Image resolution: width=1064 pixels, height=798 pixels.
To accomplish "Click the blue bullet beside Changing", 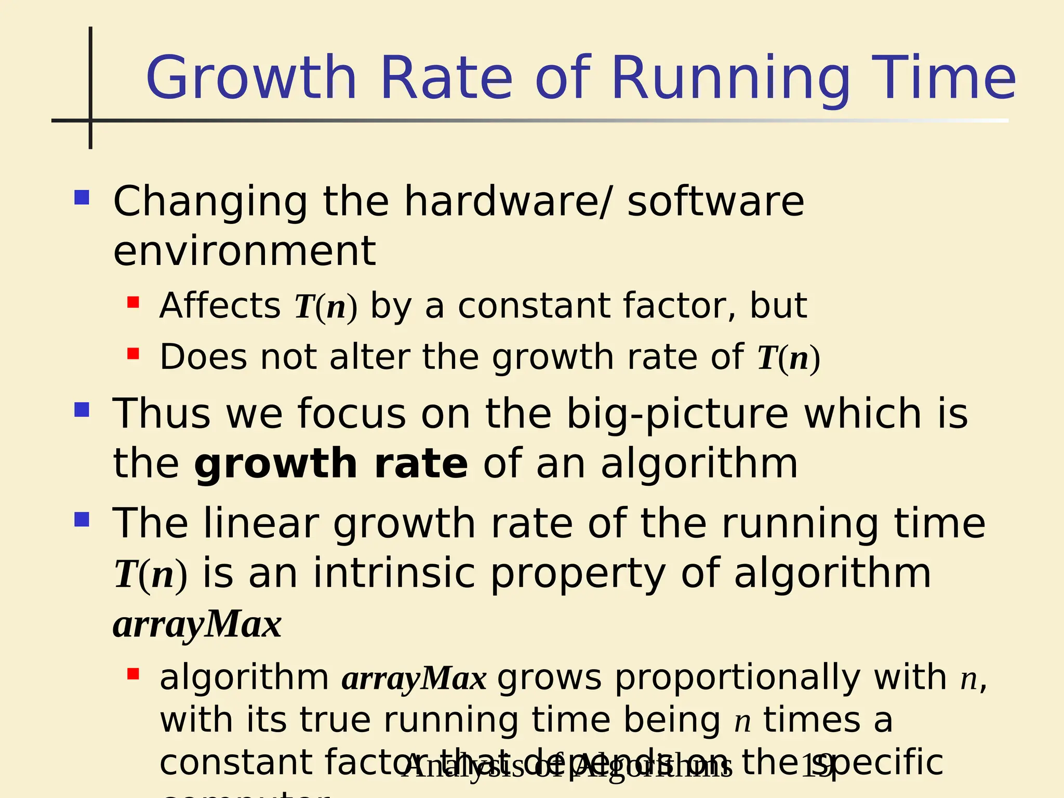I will coord(82,197).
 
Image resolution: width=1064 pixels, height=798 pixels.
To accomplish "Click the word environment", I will coord(244,251).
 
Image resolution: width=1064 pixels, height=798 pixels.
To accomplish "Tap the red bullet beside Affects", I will coord(133,302).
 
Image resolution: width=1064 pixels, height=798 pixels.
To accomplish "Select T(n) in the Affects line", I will coord(326,307).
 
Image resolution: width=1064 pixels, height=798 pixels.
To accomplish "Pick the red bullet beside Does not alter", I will coord(133,354).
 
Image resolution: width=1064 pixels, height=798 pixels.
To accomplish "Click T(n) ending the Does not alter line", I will coord(788,358).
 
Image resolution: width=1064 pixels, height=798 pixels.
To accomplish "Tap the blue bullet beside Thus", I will coord(82,409).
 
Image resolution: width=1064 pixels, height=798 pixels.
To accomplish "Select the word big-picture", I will coord(677,414).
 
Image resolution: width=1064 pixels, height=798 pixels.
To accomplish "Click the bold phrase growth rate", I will coord(331,463).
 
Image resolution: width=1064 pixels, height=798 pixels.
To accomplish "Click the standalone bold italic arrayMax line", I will coord(197,624).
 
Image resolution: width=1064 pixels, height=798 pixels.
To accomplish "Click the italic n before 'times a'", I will coord(743,721).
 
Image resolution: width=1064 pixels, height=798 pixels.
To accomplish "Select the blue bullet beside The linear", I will coord(82,520).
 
